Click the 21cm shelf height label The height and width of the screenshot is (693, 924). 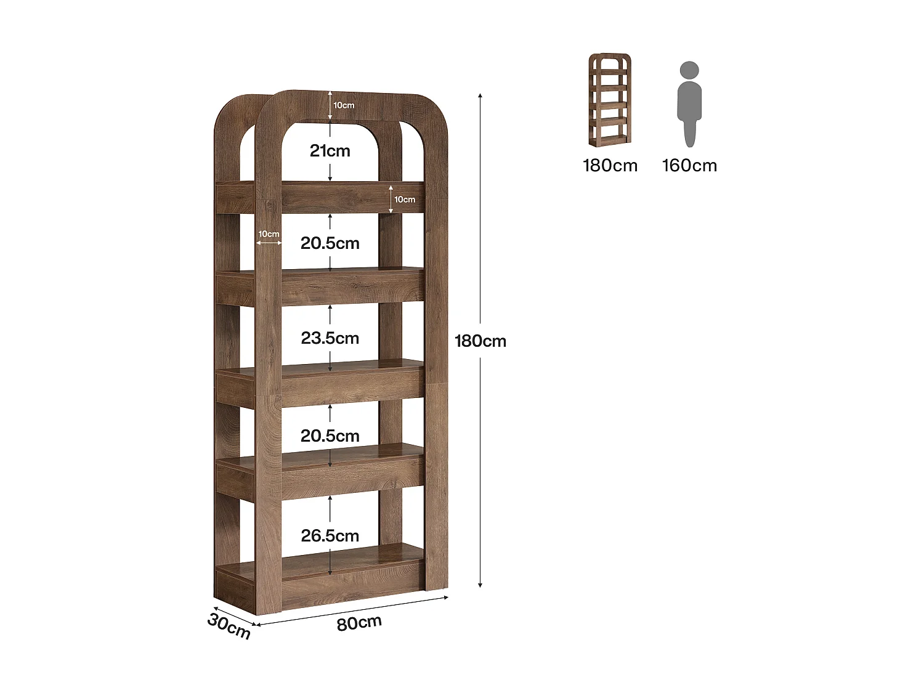(330, 151)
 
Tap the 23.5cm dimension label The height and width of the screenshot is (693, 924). (330, 338)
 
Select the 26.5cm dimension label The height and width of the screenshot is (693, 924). (330, 536)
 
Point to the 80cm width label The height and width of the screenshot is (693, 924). (359, 623)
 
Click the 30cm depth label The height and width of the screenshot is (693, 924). (229, 625)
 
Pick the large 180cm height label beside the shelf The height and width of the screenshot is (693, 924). (480, 341)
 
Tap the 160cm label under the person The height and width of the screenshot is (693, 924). (689, 166)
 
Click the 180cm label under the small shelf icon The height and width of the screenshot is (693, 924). (610, 166)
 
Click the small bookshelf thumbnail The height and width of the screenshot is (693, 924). (610, 100)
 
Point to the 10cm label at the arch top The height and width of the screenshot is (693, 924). (344, 105)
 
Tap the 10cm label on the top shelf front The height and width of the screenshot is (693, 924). (405, 200)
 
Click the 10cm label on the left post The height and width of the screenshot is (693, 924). (269, 234)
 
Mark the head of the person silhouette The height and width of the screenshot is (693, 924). (689, 70)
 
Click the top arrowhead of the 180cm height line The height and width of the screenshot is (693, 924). (480, 96)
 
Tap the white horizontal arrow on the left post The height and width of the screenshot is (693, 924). (269, 243)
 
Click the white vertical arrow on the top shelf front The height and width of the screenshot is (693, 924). (391, 198)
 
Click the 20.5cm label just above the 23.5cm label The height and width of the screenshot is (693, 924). (330, 243)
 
